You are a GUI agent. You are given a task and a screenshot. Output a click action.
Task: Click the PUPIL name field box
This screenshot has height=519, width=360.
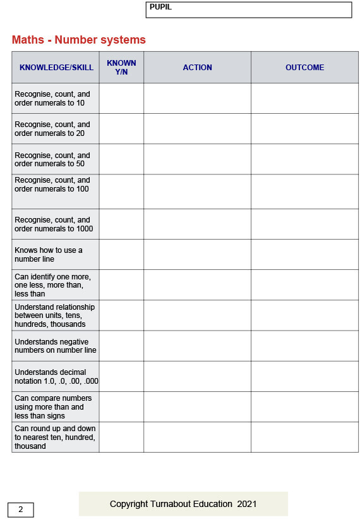coord(248,9)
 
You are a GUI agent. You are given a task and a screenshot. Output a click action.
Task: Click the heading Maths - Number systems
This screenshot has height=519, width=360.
coord(79,40)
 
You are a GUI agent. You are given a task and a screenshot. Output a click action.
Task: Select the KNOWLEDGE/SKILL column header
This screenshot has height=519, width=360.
coord(56,68)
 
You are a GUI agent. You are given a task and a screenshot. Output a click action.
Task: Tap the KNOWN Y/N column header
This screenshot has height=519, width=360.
coord(121,68)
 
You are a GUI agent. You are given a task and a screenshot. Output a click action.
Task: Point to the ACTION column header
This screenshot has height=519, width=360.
coord(197,68)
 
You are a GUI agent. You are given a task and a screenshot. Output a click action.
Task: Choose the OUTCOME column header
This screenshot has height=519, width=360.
coord(304,68)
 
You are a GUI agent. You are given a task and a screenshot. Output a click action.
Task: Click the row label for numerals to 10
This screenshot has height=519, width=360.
coord(52,99)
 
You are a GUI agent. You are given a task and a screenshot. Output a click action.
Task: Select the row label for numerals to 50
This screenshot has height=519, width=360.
coord(52,159)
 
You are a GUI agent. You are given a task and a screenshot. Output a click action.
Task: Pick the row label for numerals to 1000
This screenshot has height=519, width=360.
coord(54,224)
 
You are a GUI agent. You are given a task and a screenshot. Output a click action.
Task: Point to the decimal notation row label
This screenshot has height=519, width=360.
coord(56,377)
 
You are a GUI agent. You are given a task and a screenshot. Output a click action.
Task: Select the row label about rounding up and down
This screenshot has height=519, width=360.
coord(55,437)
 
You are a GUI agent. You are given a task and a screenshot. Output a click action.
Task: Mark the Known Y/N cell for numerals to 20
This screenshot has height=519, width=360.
coord(121,129)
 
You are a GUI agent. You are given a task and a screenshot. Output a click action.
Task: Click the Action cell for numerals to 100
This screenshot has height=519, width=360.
coord(197,192)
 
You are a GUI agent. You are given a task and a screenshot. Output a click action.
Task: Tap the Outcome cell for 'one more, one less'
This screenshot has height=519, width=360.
coord(304,285)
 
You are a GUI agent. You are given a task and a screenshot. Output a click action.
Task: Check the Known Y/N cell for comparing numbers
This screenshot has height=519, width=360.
coord(121,407)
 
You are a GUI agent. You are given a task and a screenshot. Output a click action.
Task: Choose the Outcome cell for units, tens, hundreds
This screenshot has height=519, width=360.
coord(304,315)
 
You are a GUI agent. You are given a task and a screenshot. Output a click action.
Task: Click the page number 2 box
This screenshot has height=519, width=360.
coord(20,510)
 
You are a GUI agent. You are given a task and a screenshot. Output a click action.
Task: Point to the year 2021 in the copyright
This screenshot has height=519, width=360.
coord(247,504)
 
